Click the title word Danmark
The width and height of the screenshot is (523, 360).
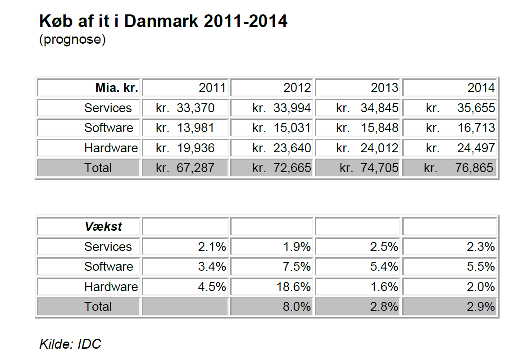(161, 21)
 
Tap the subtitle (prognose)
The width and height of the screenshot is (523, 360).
(73, 39)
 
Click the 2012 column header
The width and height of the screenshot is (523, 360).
(297, 88)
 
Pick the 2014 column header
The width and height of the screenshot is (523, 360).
(481, 88)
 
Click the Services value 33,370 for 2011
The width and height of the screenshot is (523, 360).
(196, 108)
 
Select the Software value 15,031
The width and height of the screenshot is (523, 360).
(292, 128)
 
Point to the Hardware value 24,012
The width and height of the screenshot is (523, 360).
(379, 148)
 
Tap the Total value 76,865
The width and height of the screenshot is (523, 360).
(474, 168)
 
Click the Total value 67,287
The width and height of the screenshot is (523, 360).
(196, 168)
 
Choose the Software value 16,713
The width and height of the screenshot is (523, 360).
(476, 128)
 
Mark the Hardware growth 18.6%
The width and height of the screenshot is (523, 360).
(294, 287)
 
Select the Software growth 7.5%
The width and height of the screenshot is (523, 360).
(297, 267)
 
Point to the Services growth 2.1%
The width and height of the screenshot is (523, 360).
(212, 247)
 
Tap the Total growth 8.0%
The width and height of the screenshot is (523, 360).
(297, 307)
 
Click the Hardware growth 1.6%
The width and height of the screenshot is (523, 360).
(384, 287)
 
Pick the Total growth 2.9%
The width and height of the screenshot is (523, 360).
(481, 307)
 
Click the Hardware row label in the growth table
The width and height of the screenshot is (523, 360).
(111, 287)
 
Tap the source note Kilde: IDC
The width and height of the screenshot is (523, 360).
(70, 344)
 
